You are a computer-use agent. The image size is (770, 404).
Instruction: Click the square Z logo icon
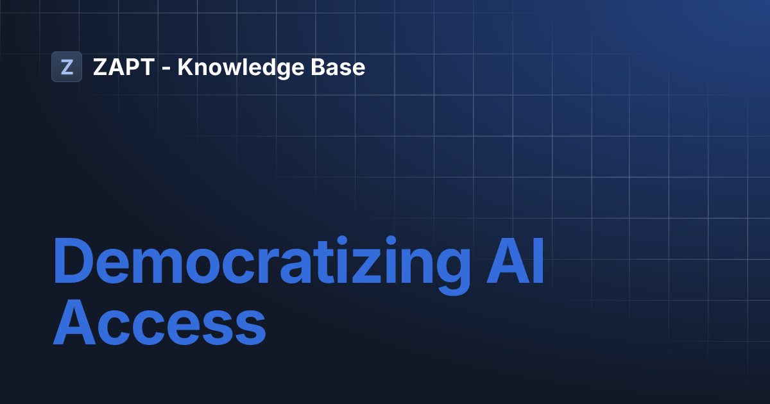[x=67, y=67]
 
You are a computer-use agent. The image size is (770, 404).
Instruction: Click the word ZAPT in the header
[x=123, y=67]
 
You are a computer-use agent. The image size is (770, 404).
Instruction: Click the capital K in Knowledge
[x=185, y=67]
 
